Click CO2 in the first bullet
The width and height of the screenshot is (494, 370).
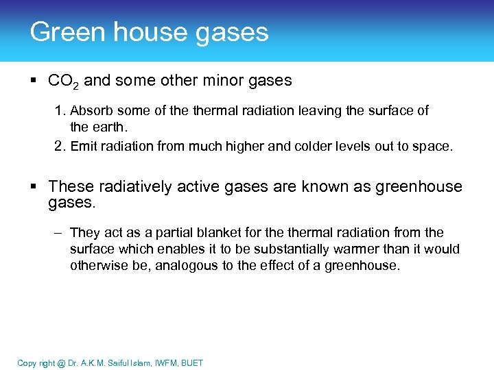63,82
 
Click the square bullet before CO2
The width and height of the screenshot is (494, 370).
34,81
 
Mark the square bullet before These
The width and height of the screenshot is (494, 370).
34,187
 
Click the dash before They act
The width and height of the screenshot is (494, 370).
60,233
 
